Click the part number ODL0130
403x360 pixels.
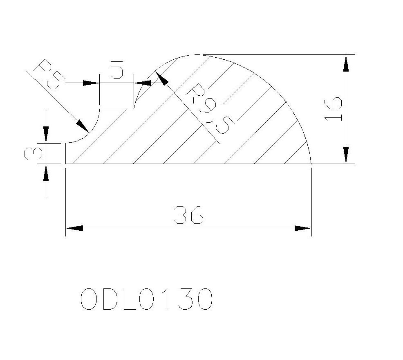click(146, 299)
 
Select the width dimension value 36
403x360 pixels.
click(189, 215)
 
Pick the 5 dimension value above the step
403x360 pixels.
click(116, 70)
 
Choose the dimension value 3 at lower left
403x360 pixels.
click(33, 154)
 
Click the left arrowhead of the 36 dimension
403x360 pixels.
click(74, 228)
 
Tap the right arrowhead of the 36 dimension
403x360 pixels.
click(302, 228)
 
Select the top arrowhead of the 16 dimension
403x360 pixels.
click(346, 63)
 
